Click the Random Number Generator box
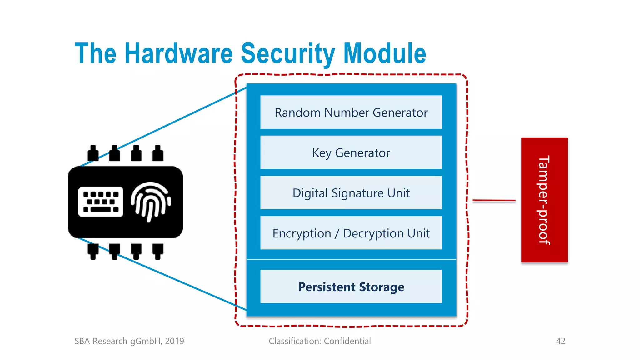click(351, 112)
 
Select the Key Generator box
click(351, 152)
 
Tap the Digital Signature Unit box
click(351, 193)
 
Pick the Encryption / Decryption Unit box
click(351, 233)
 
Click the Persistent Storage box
click(351, 287)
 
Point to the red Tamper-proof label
click(544, 200)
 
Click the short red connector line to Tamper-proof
click(494, 200)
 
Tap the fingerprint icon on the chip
click(151, 202)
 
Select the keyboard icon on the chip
click(101, 202)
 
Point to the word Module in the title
click(385, 53)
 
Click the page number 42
click(561, 341)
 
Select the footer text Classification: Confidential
click(320, 341)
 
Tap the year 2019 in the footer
click(174, 341)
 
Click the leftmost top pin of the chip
click(93, 153)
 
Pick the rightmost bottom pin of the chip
click(157, 251)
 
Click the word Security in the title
click(288, 53)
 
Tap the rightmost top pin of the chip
click(157, 153)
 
